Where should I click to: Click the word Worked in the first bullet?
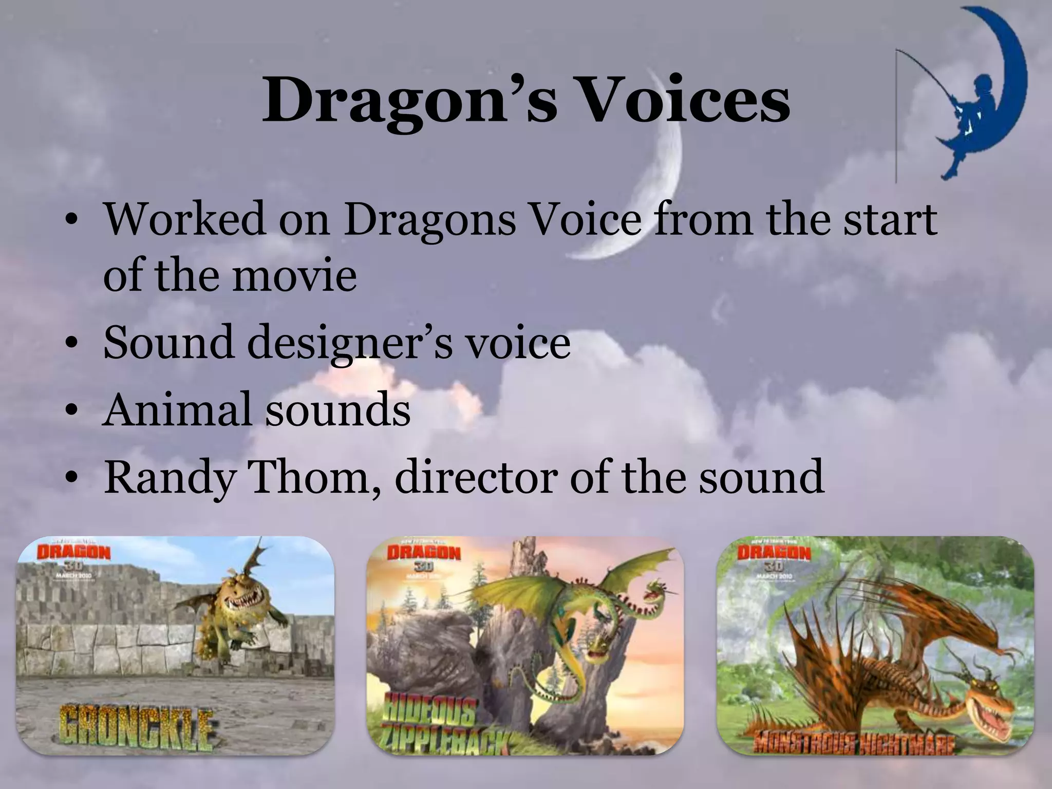coord(185,220)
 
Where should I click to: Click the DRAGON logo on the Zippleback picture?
coord(424,553)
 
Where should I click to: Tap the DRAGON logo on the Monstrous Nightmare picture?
coord(774,553)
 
